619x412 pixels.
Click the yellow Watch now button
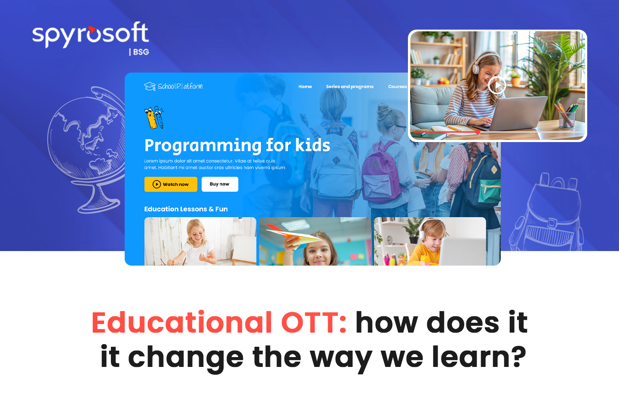point(171,184)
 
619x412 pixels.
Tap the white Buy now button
point(220,184)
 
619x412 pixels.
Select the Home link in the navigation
point(305,87)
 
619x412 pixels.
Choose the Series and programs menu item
point(349,87)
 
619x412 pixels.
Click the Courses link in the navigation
point(397,87)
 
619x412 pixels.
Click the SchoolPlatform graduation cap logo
point(150,86)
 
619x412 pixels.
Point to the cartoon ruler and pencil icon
point(154,118)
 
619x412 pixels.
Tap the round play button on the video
point(497,85)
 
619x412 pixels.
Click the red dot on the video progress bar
point(478,133)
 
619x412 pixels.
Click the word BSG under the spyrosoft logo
point(141,52)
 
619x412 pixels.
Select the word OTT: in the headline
point(314,322)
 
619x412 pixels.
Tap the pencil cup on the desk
point(567,119)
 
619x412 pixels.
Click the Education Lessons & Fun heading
point(186,209)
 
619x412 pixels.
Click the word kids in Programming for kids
point(313,145)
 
